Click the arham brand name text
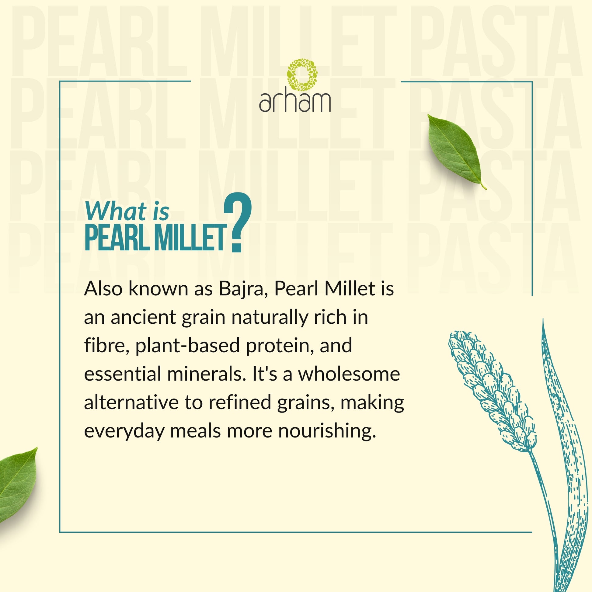tap(295, 102)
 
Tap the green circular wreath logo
tap(302, 75)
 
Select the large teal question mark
tap(238, 222)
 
